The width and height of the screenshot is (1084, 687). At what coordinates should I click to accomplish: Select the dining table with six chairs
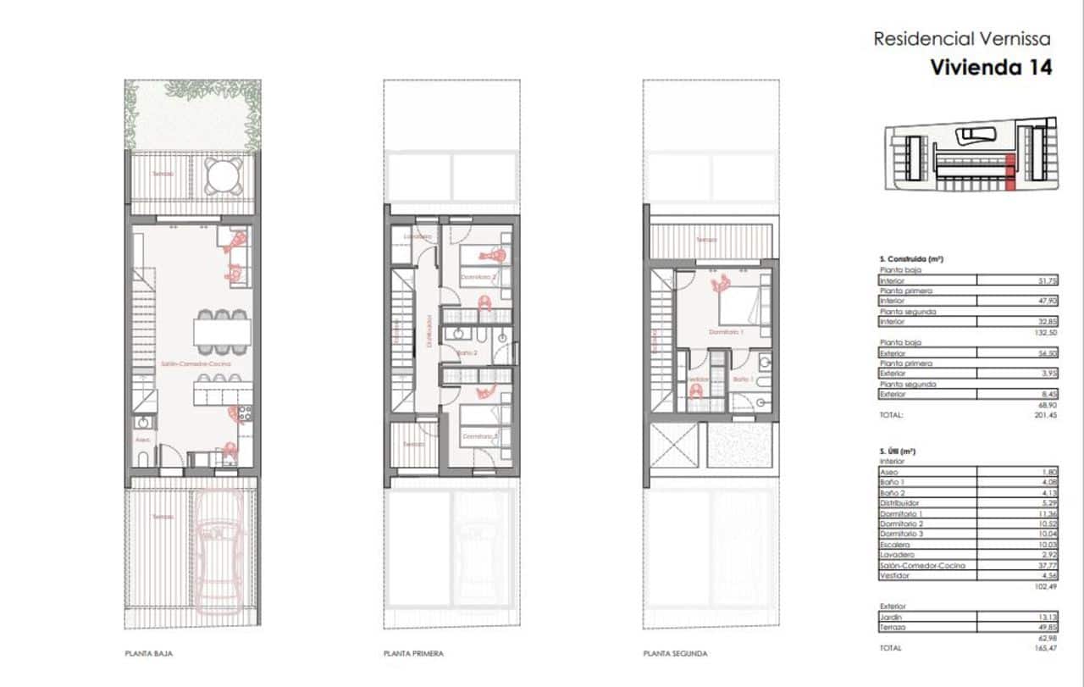222,330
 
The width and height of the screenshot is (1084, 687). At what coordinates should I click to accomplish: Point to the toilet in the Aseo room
144,458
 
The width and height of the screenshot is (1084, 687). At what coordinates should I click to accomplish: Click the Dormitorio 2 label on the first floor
478,276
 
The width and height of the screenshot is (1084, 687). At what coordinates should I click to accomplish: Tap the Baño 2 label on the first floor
467,352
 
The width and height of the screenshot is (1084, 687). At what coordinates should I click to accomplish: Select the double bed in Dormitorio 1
740,304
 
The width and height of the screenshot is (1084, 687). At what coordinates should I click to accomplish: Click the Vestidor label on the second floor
697,379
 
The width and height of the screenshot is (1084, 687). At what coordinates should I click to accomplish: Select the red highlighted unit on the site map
1009,174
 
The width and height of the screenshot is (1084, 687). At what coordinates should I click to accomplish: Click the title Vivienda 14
991,68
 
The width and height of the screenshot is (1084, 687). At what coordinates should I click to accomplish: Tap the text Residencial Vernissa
961,38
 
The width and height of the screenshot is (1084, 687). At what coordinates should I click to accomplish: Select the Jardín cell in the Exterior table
927,617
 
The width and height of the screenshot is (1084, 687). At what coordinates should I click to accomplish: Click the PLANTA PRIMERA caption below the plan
413,654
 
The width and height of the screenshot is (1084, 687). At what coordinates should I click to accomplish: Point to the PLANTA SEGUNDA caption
675,654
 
